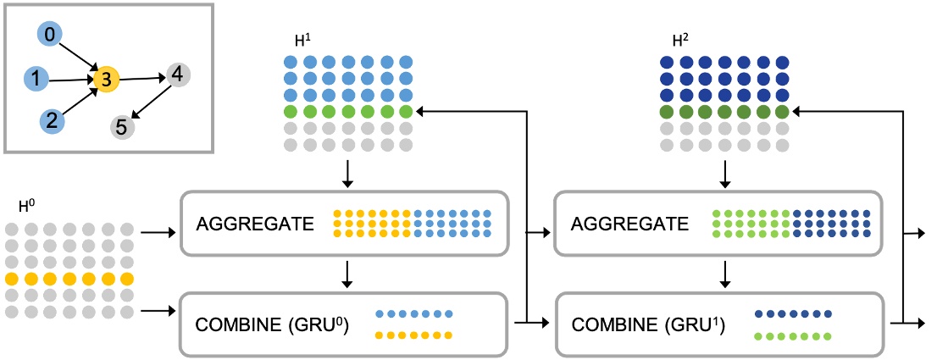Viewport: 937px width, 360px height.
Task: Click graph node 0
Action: [x=50, y=36]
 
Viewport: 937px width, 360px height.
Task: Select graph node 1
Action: [x=36, y=79]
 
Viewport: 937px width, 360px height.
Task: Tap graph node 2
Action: [x=53, y=120]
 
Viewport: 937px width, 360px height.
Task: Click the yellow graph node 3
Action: [x=106, y=80]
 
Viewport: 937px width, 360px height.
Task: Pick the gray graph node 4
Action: [x=176, y=74]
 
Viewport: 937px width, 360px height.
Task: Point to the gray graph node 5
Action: [x=121, y=128]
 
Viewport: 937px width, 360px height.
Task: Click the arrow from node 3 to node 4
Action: [x=141, y=77]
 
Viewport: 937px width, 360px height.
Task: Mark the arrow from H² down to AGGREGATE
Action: [x=724, y=174]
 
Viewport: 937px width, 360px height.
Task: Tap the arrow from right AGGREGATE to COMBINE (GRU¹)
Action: [x=724, y=274]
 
